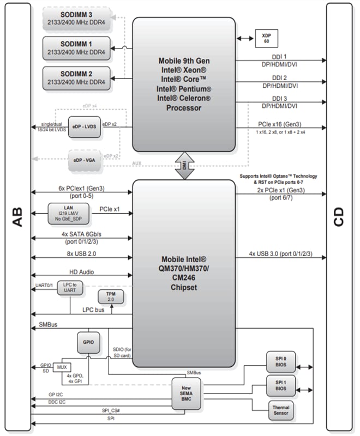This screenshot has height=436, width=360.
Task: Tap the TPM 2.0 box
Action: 111,296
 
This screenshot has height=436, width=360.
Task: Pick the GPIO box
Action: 88,342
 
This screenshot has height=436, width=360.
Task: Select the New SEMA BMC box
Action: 184,391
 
